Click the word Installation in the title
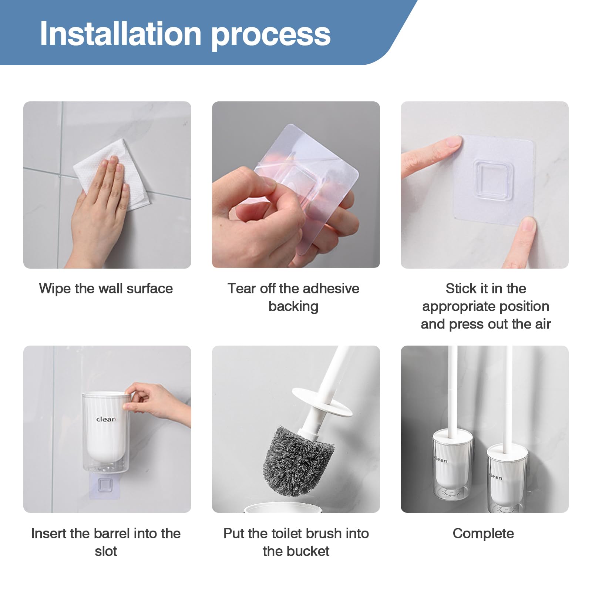pos(121,34)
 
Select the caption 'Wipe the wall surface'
pos(106,289)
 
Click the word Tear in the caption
pos(241,289)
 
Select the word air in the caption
pos(542,324)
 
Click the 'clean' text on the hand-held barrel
pos(106,419)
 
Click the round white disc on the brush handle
pos(322,402)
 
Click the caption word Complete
pos(483,534)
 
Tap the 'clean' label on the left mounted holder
pos(441,460)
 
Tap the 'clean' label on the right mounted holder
pos(496,477)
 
